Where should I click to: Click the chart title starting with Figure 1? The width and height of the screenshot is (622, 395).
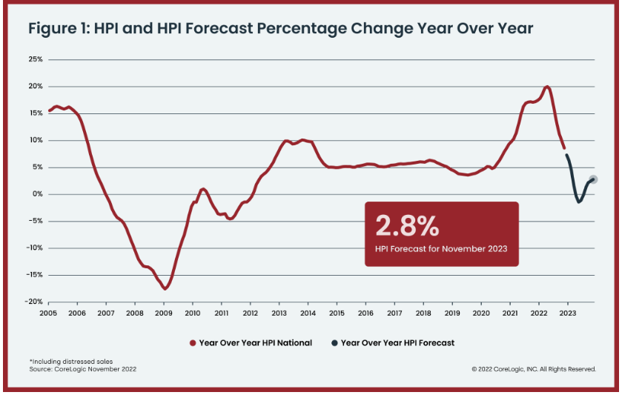coord(280,29)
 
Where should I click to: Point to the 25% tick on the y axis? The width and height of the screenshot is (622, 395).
coord(36,59)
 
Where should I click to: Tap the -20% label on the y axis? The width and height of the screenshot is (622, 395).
coord(33,302)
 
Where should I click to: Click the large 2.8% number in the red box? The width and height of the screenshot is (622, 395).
coord(407,224)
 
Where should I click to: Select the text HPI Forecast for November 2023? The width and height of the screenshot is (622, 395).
coord(441,249)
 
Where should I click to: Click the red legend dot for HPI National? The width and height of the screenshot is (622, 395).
coord(193,342)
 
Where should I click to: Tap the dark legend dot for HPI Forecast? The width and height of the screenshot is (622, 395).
coord(334,342)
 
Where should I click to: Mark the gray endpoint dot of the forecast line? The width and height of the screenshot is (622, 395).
coord(592,179)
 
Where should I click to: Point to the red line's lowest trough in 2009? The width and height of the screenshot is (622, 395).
coord(166,288)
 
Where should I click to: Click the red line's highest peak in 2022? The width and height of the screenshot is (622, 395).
coord(547,87)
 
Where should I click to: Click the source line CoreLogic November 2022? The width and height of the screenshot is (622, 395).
coord(83,368)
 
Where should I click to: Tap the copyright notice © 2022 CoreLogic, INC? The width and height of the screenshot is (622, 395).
coord(533,368)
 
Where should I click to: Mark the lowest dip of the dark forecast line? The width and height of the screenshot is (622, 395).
coord(579,202)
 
